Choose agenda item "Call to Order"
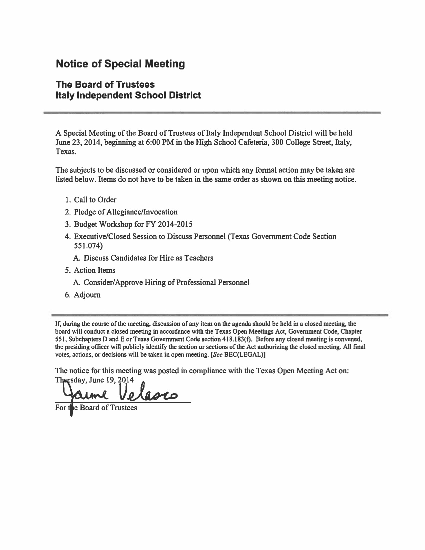[x=95, y=200]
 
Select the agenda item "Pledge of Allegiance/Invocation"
[x=126, y=212]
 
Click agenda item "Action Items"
[x=95, y=270]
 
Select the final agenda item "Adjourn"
[x=87, y=295]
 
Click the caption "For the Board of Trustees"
[x=96, y=408]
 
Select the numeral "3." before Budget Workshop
[x=68, y=224]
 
